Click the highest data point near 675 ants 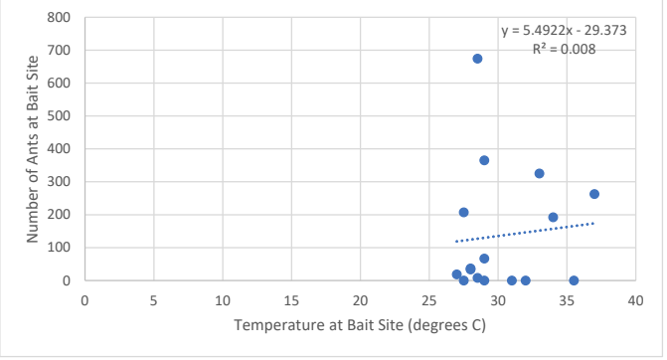coord(477,59)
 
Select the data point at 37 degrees coord(594,194)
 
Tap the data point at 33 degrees coord(540,174)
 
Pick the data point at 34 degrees coord(553,218)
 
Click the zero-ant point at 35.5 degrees coord(574,280)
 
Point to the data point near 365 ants coord(484,160)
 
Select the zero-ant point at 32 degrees coord(525,280)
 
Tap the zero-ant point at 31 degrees coord(512,280)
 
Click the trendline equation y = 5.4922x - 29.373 coord(564,31)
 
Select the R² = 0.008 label coord(564,49)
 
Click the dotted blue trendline coord(525,232)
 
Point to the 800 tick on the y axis coord(59,18)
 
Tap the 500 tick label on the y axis coord(59,116)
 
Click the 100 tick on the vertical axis coord(59,248)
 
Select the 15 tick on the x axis coord(291,301)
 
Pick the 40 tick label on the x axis coord(635,301)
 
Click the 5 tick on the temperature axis coord(153,301)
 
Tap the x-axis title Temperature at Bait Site coord(318,325)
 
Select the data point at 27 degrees coord(456,274)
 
